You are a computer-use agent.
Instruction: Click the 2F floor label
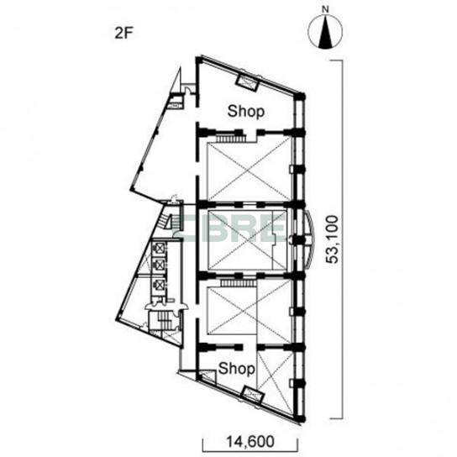pyautogui.click(x=123, y=34)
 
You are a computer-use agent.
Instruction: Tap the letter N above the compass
pyautogui.click(x=325, y=9)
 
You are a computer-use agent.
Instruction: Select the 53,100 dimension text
pyautogui.click(x=332, y=239)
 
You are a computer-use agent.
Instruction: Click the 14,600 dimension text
pyautogui.click(x=250, y=441)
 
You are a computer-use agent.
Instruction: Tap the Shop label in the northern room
pyautogui.click(x=246, y=112)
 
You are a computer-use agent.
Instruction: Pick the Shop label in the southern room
pyautogui.click(x=236, y=369)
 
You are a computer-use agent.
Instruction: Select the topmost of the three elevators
pyautogui.click(x=159, y=248)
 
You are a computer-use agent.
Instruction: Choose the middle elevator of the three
pyautogui.click(x=159, y=265)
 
